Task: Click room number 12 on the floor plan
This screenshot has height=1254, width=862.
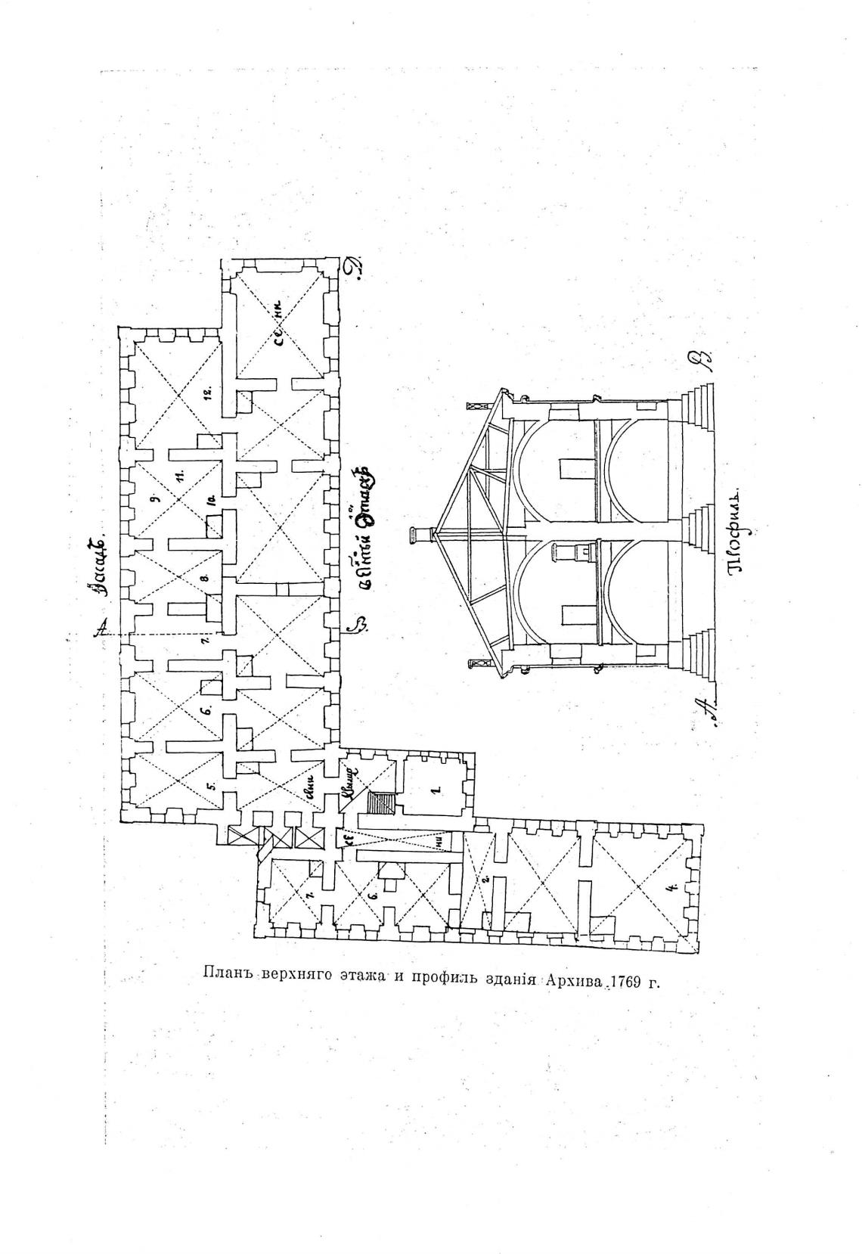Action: point(206,393)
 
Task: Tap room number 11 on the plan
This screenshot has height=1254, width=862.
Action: point(180,475)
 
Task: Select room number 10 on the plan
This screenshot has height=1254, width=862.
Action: point(212,501)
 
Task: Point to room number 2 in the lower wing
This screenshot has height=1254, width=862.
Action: point(485,879)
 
